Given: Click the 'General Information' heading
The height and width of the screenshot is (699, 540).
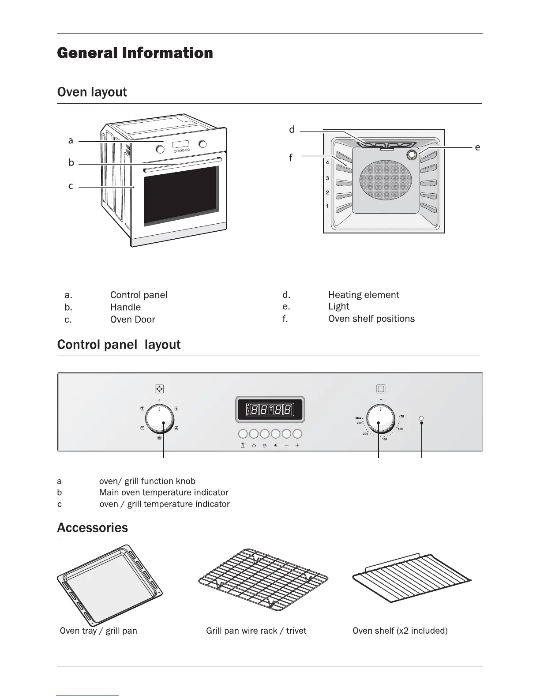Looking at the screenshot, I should point(135,53).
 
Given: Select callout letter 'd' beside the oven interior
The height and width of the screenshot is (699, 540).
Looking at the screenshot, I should point(292,130).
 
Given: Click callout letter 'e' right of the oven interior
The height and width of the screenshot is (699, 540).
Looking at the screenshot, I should point(477,147).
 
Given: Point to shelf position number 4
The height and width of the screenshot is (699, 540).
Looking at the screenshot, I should point(327,163).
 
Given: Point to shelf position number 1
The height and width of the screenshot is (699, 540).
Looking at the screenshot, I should point(327,206).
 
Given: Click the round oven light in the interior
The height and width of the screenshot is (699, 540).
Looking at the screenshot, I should point(412,155).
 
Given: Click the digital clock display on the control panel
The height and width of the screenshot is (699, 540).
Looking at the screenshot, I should point(270,410).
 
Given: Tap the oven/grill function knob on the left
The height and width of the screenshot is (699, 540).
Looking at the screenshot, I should point(159,419).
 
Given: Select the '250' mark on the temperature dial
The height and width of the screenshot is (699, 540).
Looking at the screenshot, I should point(359,423).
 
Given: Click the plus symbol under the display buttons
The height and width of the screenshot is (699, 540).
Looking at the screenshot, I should point(297,446).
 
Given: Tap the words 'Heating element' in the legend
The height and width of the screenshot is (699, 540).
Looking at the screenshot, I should point(364,295).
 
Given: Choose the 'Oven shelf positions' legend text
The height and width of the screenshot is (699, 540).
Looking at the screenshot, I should point(371,319).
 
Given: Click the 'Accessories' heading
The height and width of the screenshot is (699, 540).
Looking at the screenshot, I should point(93,528).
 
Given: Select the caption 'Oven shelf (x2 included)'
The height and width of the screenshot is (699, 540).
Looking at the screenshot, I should point(400,631).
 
